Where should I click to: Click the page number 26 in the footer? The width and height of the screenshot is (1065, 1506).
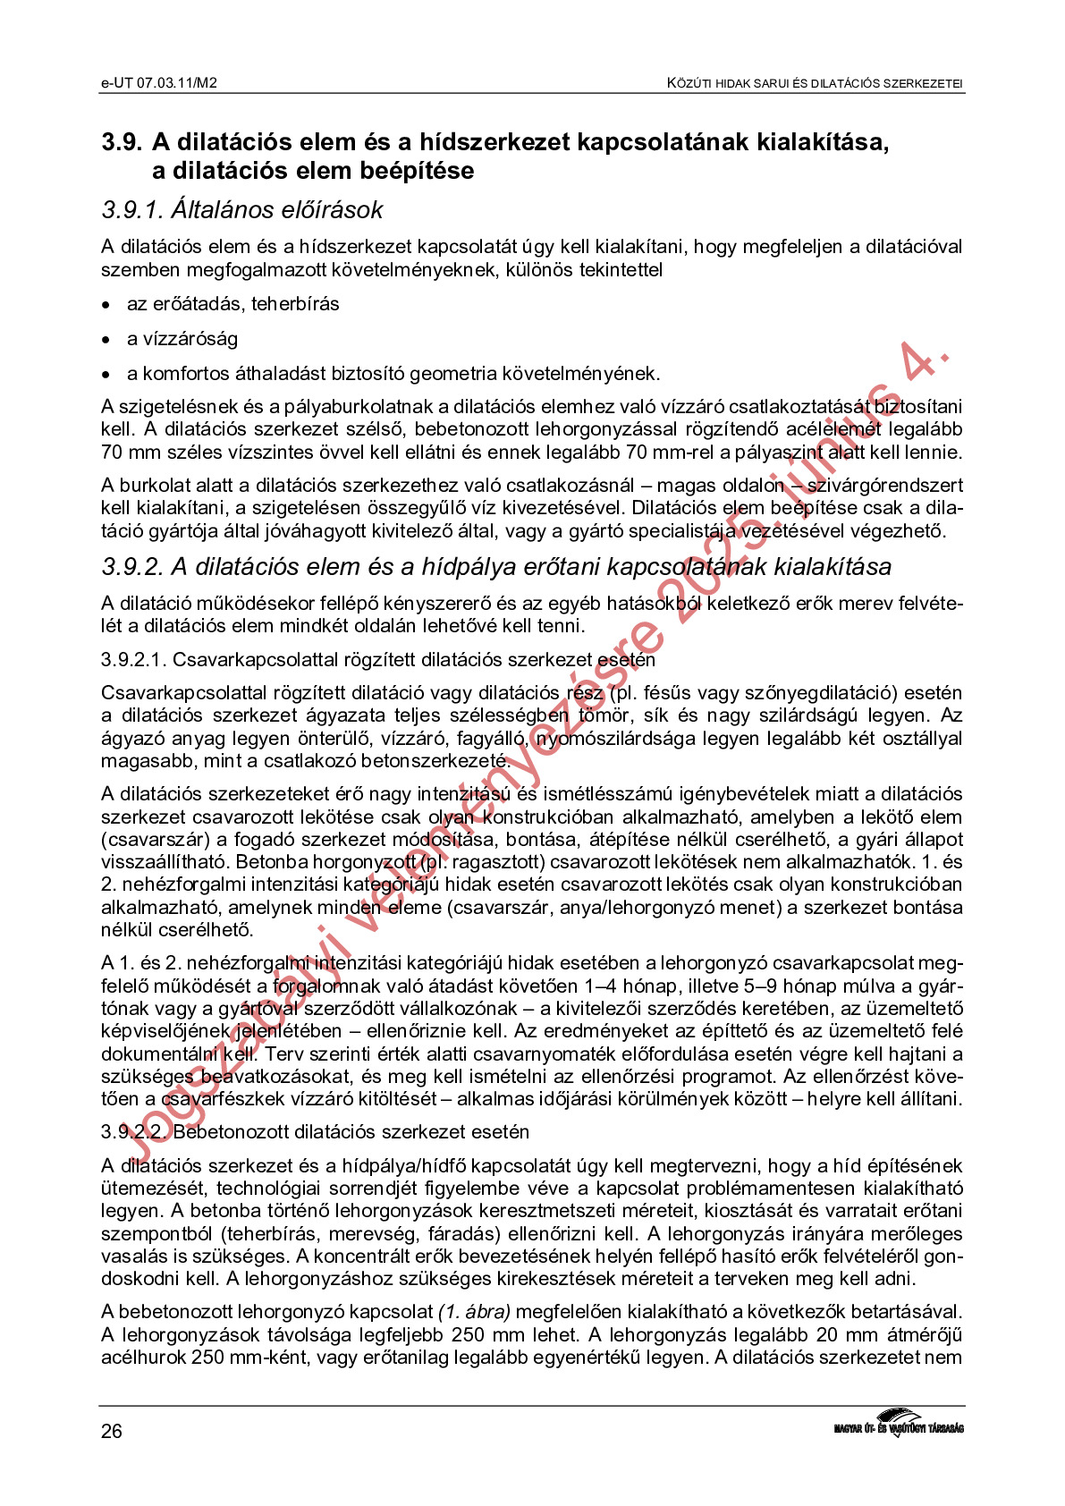click(x=112, y=1432)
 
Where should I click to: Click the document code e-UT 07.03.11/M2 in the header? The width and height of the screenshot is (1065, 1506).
click(x=159, y=83)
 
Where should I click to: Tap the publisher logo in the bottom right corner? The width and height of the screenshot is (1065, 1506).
click(x=898, y=1422)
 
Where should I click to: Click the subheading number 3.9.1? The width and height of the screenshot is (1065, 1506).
click(x=132, y=210)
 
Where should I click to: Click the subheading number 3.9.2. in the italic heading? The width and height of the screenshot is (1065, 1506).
click(x=132, y=567)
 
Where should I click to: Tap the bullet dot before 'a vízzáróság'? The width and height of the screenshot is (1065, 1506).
click(x=106, y=340)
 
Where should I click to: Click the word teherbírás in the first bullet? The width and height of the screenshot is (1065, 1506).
click(x=295, y=304)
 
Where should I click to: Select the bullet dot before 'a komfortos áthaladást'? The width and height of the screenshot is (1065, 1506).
click(x=106, y=375)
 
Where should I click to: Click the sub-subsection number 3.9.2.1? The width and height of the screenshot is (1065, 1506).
click(x=133, y=660)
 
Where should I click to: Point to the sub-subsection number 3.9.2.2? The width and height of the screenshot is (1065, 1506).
click(x=133, y=1132)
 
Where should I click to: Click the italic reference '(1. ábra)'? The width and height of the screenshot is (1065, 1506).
click(x=474, y=1312)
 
